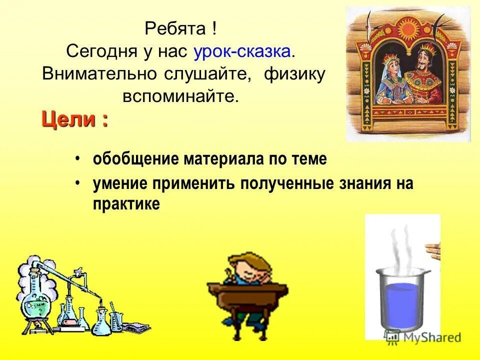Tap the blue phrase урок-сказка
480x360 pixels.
point(239,51)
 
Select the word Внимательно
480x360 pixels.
point(100,73)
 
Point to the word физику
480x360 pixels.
point(294,73)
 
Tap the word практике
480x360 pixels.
point(126,204)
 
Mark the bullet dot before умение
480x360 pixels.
point(78,183)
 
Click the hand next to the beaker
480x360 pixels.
point(432,250)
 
